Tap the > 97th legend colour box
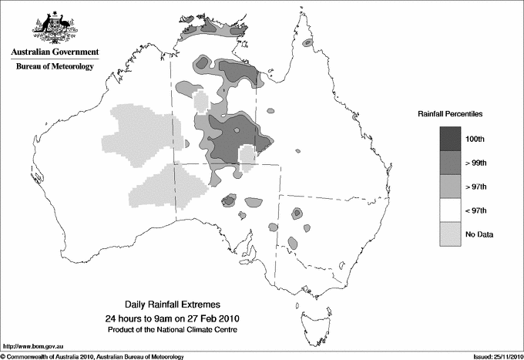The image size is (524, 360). (x=451, y=186)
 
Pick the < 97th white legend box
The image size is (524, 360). (x=451, y=210)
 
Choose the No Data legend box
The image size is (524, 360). (x=451, y=234)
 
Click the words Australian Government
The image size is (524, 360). (x=55, y=52)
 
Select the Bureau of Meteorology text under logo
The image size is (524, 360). (x=55, y=67)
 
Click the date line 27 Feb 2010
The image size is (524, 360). (x=171, y=318)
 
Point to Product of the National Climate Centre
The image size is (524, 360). (x=171, y=329)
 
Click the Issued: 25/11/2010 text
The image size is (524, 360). (x=493, y=355)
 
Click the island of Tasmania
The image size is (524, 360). (x=311, y=312)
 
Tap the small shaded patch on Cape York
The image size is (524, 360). (x=307, y=43)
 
